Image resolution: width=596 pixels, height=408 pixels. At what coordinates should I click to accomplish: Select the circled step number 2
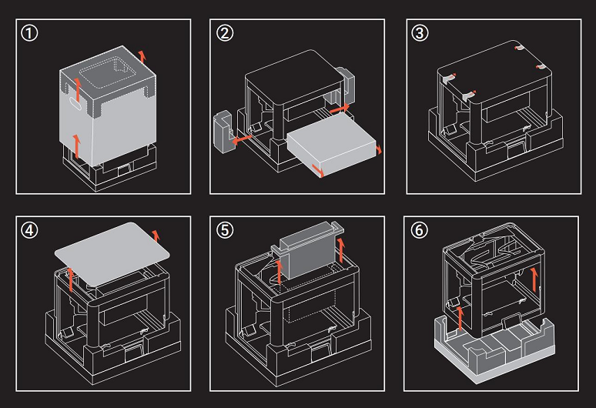coord(225,35)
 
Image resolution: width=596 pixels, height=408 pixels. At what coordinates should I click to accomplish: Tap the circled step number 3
coord(420,35)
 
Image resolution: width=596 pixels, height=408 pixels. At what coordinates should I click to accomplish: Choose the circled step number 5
coord(225,231)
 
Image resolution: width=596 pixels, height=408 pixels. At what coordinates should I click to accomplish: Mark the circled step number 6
coord(420,231)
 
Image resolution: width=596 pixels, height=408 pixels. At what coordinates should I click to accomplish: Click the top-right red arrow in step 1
coord(140,55)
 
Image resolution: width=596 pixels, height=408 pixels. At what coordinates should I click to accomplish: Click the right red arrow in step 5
coord(340,250)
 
